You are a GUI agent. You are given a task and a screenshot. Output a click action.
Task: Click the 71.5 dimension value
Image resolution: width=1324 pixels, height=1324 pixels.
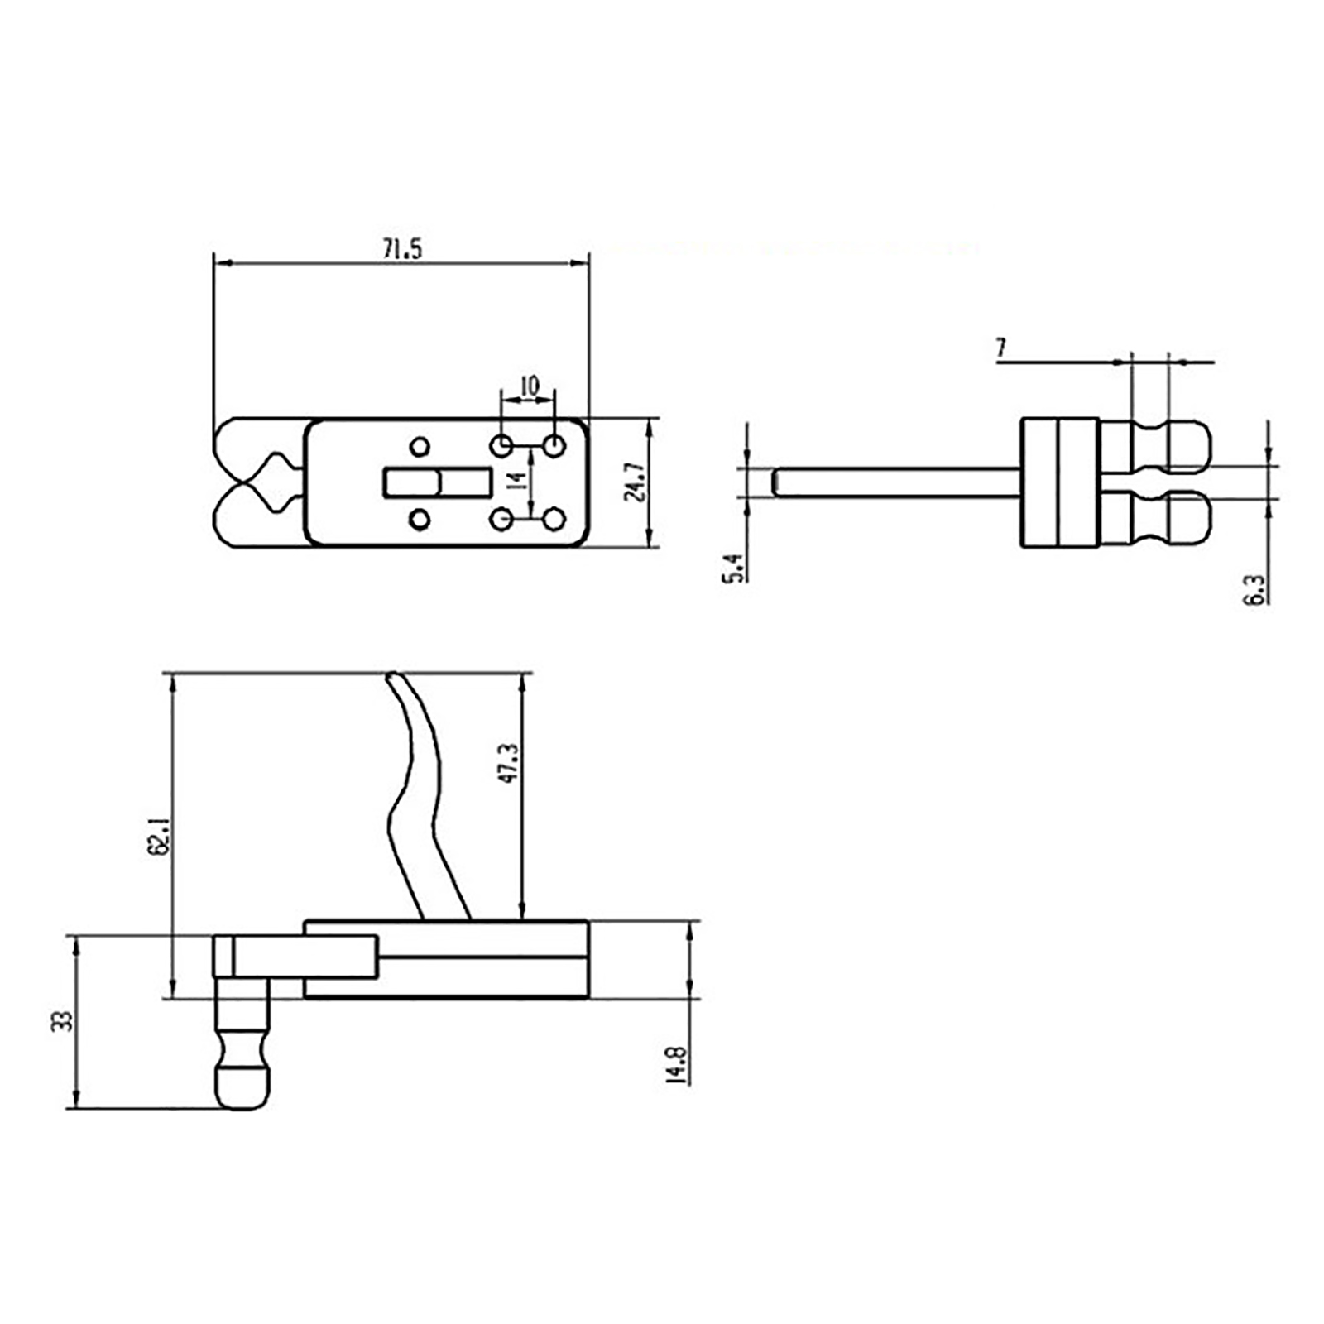pos(402,248)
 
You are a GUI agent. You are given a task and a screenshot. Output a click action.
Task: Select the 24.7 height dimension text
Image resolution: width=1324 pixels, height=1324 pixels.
pos(635,482)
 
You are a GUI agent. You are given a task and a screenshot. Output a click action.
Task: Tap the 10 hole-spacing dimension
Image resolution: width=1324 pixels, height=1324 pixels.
pos(529,386)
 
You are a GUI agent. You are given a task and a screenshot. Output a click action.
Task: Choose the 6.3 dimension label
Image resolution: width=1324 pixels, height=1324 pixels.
pos(1254,588)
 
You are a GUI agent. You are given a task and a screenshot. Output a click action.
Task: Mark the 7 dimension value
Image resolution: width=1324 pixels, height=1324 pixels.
pos(1001,348)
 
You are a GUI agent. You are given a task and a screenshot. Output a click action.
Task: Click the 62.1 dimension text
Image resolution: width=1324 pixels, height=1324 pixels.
pos(159,835)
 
